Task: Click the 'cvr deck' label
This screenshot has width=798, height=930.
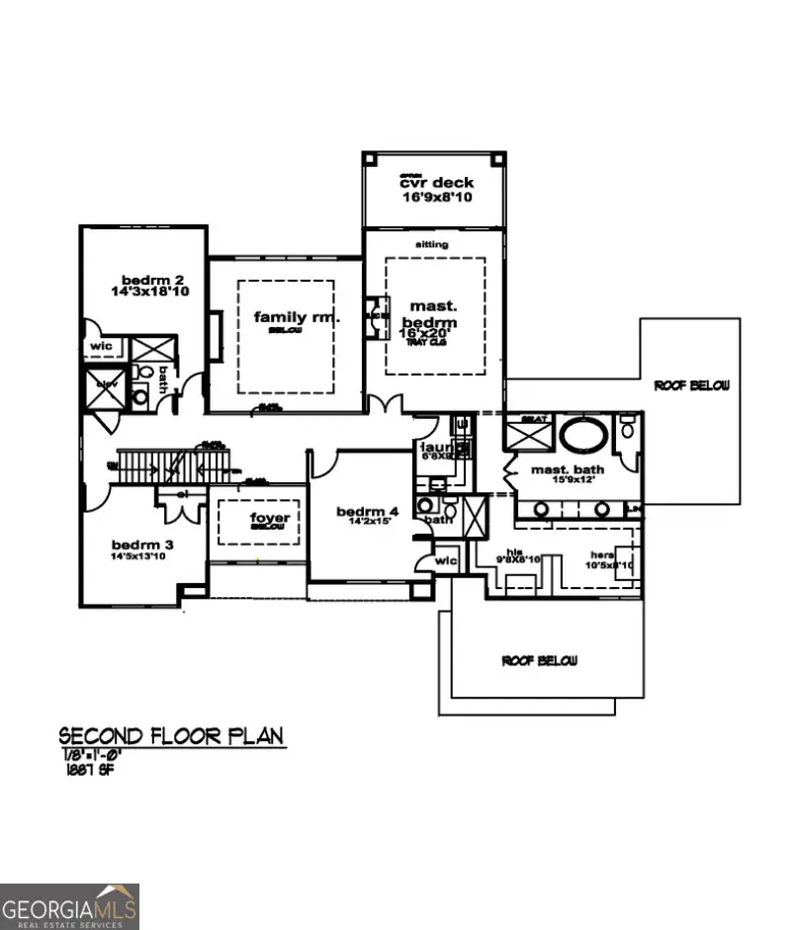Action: tap(436, 183)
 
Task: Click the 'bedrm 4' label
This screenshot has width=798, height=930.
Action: tap(368, 511)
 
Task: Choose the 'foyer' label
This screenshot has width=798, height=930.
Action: tap(269, 518)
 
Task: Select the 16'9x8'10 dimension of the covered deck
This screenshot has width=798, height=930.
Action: tap(436, 198)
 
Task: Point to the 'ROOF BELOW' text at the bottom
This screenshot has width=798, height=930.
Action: tap(539, 660)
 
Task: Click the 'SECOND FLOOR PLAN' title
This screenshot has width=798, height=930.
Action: tap(171, 735)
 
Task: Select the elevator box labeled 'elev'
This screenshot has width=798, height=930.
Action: tap(106, 388)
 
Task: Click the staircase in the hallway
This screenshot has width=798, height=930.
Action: tap(173, 464)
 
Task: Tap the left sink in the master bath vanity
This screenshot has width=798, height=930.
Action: tap(541, 508)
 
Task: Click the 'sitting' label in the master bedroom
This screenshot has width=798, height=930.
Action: tap(432, 244)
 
